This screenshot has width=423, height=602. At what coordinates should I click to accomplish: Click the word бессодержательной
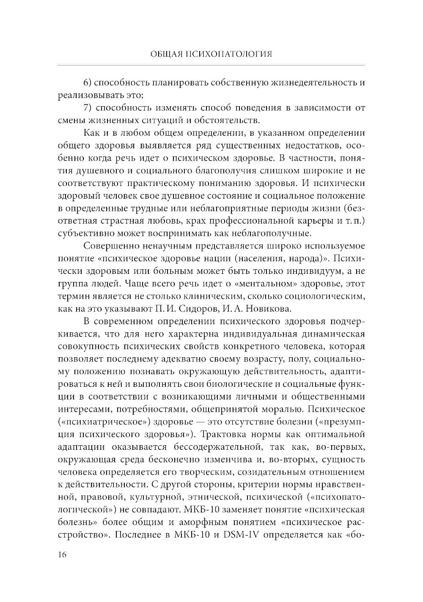click(x=216, y=446)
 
